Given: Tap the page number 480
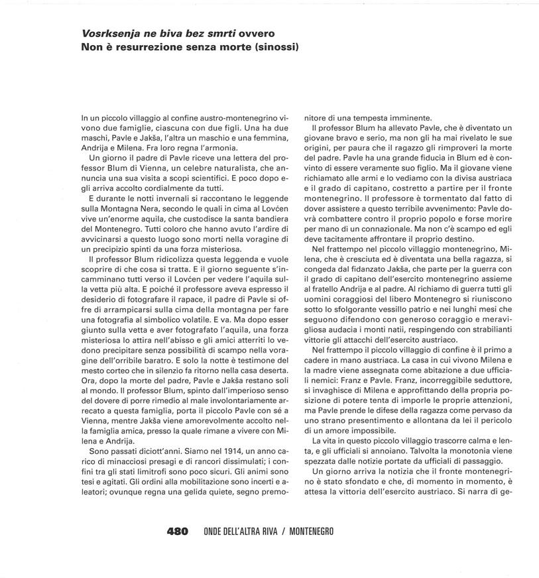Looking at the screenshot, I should coord(177,531).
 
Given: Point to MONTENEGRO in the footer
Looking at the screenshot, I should coord(311,531).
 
